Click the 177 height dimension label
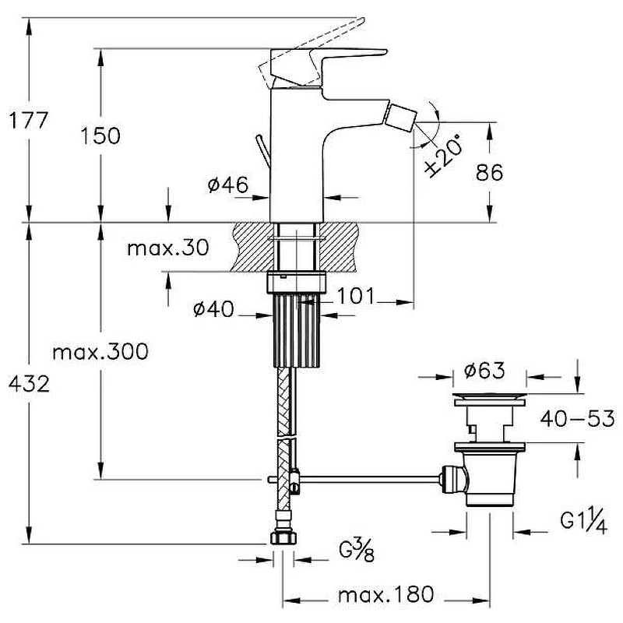[29, 120]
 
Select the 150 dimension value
[100, 136]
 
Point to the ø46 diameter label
[228, 185]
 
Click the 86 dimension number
[490, 172]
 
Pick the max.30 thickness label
[168, 248]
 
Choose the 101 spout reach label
[356, 296]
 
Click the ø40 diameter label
[213, 308]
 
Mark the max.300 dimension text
[100, 352]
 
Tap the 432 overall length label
[30, 384]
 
